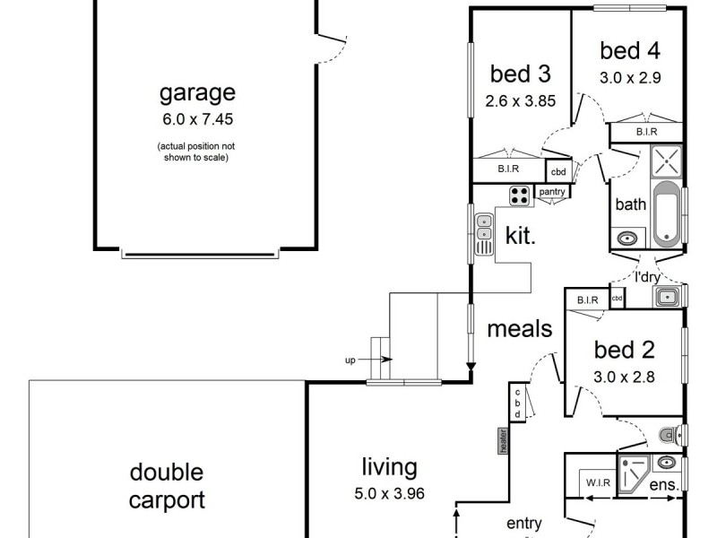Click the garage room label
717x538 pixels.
coord(197,92)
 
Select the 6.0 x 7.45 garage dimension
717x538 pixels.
coord(197,117)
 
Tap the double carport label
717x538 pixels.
coord(167,486)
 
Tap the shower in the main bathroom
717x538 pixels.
coord(667,161)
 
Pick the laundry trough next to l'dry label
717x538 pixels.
coord(668,296)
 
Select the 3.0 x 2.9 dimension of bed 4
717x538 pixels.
coord(630,77)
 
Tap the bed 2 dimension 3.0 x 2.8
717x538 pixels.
coord(624,377)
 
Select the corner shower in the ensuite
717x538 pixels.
coord(634,474)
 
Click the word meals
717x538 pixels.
coord(520,329)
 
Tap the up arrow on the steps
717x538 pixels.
coord(385,360)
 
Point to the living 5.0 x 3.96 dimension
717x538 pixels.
coord(389,492)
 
